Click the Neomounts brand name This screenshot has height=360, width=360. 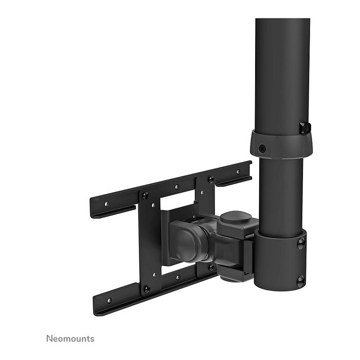point(70,338)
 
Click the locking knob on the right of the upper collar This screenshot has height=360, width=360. point(305,128)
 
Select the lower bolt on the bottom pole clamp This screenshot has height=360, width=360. point(300,280)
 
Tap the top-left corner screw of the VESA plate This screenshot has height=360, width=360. point(145,195)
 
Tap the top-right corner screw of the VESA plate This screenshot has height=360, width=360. point(210,179)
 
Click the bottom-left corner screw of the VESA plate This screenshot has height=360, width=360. point(147,289)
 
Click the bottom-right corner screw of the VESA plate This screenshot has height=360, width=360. point(212,267)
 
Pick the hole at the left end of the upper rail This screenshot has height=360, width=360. point(106,204)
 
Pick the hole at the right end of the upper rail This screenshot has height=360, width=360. point(238,172)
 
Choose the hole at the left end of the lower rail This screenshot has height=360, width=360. point(109,300)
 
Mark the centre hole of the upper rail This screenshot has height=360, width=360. point(176,187)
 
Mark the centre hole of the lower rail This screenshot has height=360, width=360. point(178,278)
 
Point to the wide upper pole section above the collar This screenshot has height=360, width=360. point(282,72)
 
